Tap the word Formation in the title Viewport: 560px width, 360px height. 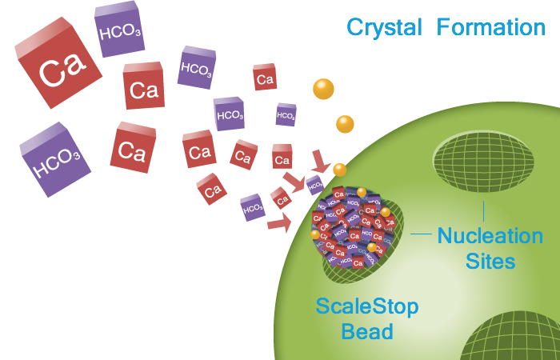point(491,27)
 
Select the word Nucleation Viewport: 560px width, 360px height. point(490,236)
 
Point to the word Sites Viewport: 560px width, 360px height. point(489,261)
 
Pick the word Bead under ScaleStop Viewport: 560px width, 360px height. point(367,330)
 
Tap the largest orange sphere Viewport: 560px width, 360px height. point(323,90)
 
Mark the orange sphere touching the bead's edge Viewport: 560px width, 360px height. point(340,170)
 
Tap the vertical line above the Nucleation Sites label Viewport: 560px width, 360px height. point(483,210)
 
